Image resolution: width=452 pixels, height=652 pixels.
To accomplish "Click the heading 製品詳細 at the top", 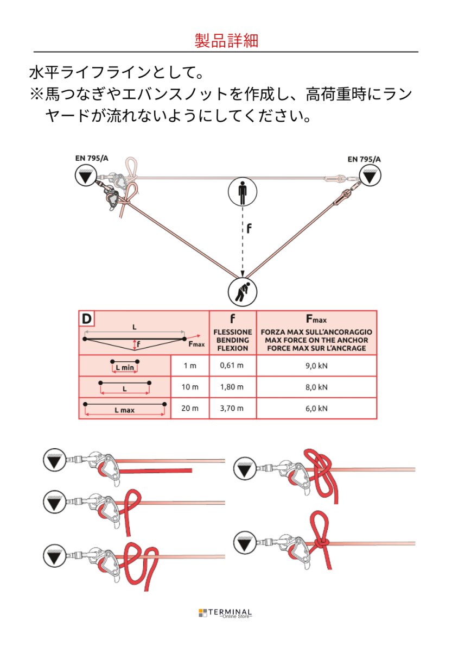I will click(226, 41).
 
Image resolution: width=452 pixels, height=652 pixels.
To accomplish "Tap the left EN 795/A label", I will click(92, 159).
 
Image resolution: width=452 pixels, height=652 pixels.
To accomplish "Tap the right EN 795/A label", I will click(364, 159).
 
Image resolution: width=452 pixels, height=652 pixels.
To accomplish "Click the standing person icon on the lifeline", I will click(243, 192).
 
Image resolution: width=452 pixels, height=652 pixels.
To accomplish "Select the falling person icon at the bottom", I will click(243, 292).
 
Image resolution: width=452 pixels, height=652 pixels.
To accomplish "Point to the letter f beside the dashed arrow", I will click(249, 229).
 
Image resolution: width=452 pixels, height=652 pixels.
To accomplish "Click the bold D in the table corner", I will click(86, 318).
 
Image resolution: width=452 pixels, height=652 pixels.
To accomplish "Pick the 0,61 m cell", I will click(232, 366).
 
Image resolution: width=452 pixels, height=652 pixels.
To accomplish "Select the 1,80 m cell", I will click(232, 387).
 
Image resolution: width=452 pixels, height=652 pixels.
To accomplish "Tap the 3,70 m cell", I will click(232, 409).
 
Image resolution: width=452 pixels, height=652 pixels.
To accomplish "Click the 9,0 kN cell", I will click(316, 366).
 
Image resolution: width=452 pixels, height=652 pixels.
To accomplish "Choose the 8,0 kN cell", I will click(316, 387).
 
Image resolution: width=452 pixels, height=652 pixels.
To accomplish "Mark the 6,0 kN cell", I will click(316, 409).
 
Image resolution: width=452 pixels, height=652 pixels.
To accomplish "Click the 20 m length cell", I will click(190, 409).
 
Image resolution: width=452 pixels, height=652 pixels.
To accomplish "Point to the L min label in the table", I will click(124, 368).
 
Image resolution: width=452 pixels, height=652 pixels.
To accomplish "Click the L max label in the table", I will click(124, 410).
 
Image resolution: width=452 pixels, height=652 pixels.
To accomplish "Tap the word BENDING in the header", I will click(232, 340).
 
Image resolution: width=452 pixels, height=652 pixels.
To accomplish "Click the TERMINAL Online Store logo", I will click(226, 613).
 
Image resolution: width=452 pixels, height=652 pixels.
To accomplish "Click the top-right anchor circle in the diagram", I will click(371, 175).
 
